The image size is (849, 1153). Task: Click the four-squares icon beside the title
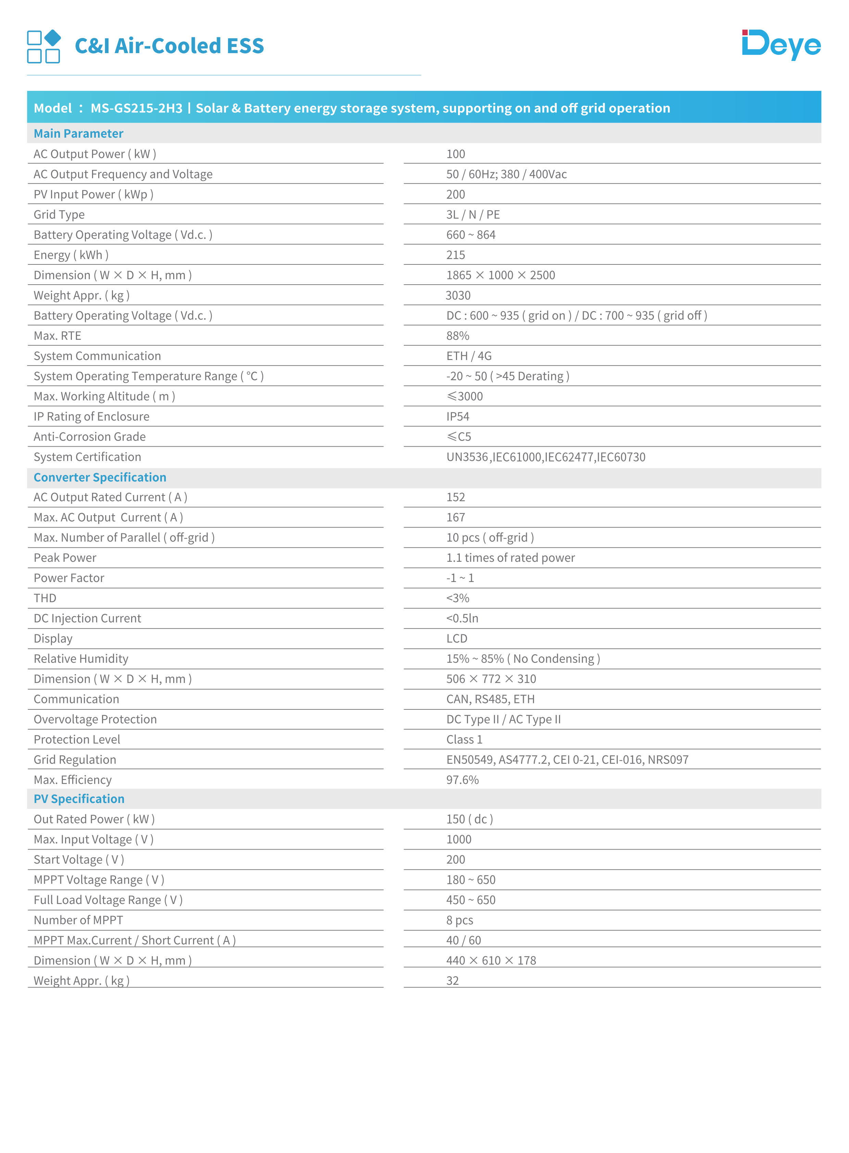point(44,46)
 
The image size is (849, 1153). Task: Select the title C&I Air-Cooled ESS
point(169,46)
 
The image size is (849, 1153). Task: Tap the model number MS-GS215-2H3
point(136,108)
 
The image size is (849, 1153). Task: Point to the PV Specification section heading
point(79,799)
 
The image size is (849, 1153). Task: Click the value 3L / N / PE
point(473,214)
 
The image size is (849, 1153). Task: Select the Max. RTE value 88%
point(457,336)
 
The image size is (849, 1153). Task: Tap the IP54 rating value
point(457,417)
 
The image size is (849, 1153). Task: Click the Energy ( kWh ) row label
point(71,255)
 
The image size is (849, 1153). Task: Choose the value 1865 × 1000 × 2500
point(500,275)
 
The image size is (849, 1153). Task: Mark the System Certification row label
point(87,457)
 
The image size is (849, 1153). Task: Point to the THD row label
point(45,598)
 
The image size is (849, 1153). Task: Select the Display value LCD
point(456,639)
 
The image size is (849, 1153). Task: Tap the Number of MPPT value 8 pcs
point(459,920)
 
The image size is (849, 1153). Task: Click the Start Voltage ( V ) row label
point(79,859)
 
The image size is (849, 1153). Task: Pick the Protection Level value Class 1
point(464,740)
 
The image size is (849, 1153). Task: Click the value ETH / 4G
point(469,356)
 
